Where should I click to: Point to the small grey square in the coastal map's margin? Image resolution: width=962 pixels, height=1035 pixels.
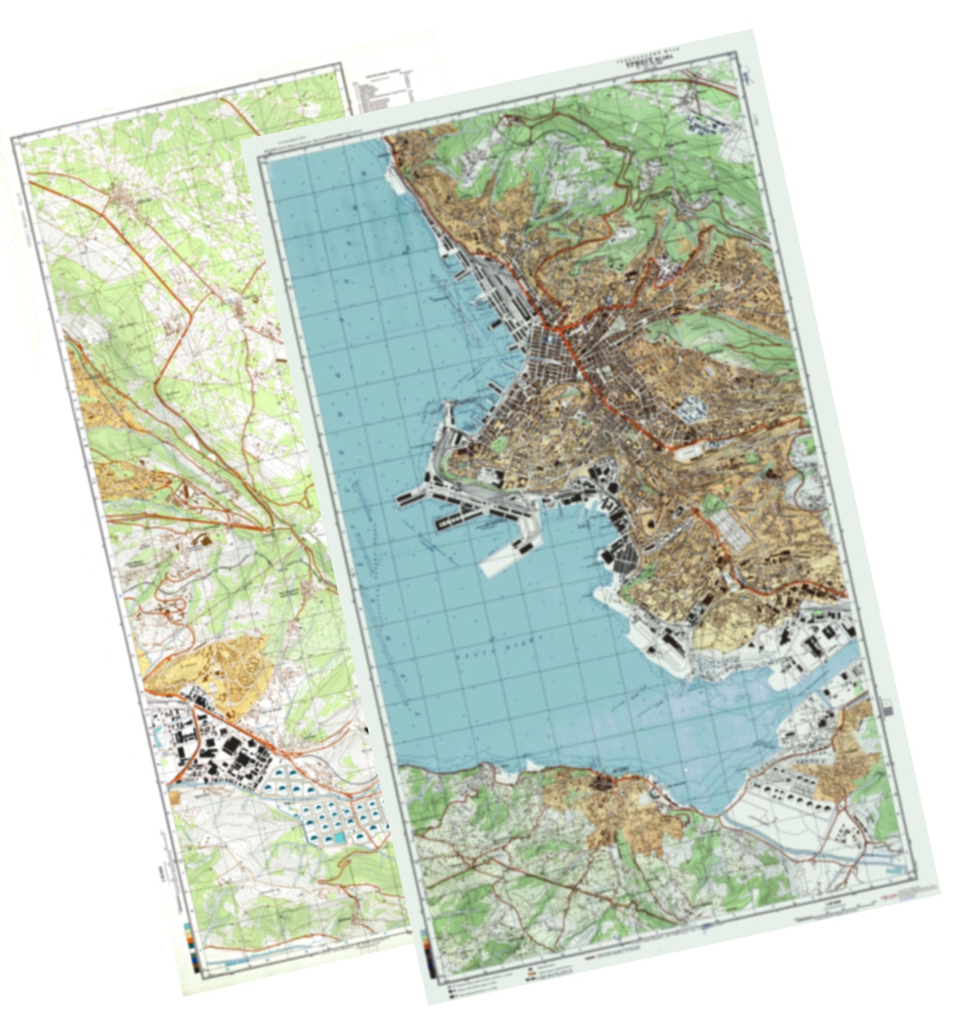[x=888, y=710]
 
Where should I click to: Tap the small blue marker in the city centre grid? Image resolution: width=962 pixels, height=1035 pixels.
[x=549, y=339]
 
